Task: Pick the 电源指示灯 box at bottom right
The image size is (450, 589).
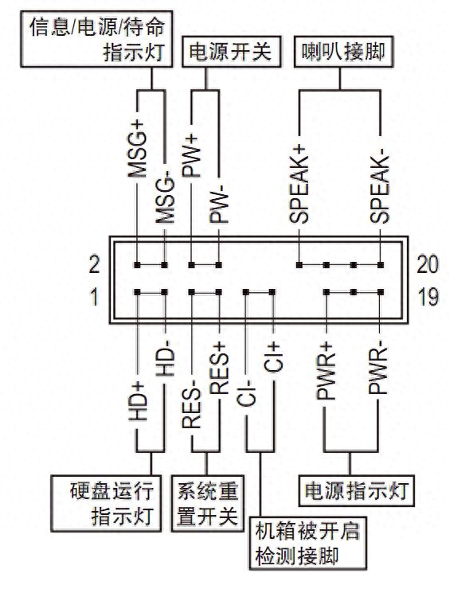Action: [355, 490]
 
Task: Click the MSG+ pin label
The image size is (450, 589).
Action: [139, 151]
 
